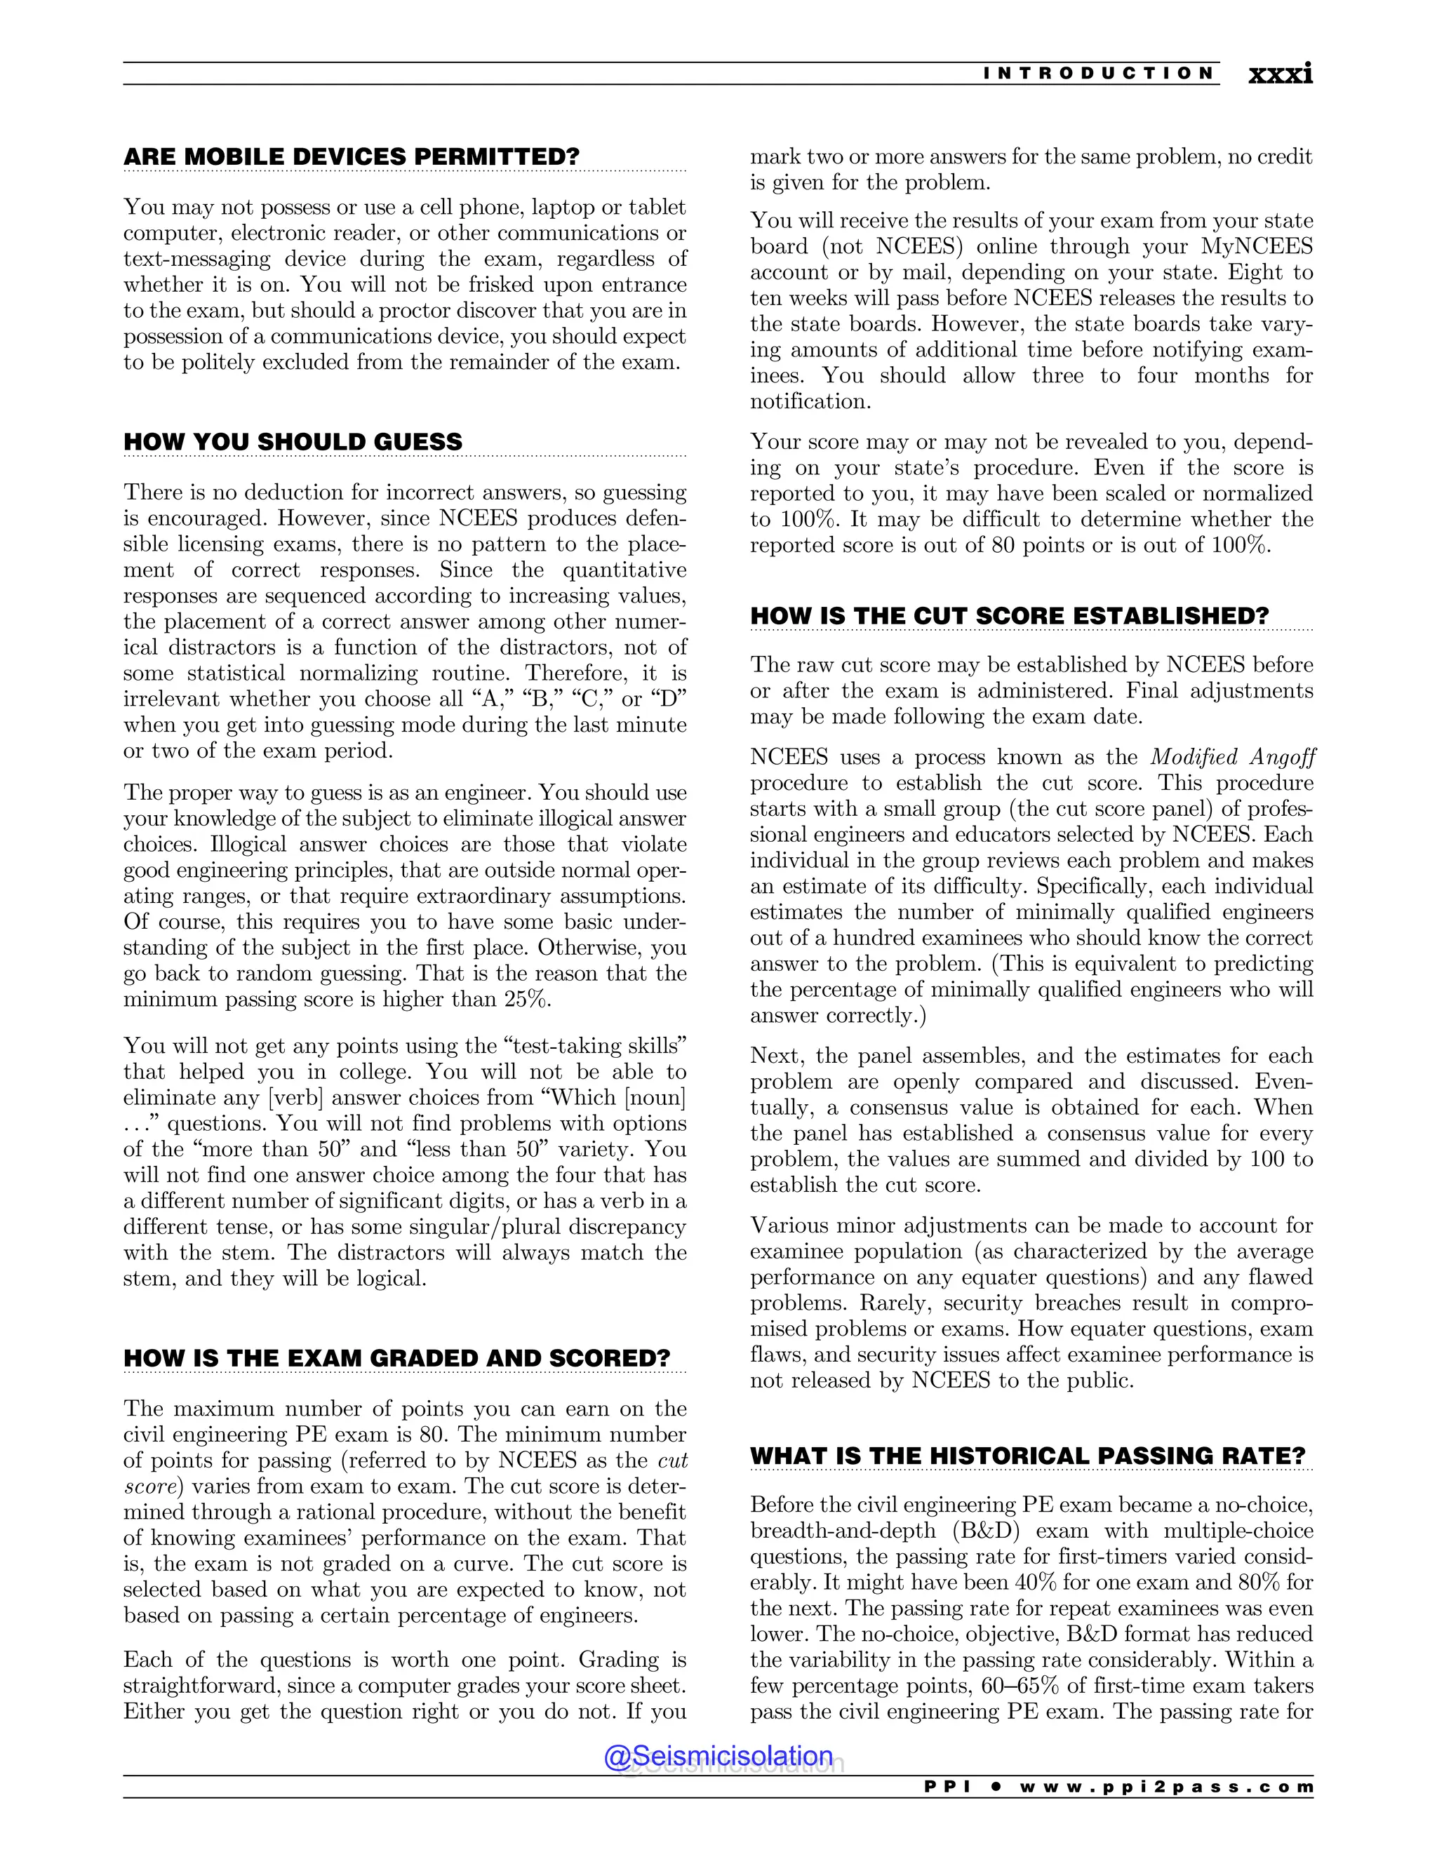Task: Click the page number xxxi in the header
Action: [1280, 74]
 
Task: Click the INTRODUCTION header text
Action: [1099, 73]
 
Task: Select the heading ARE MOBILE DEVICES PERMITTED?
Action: [351, 156]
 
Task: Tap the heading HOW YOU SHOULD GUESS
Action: [293, 442]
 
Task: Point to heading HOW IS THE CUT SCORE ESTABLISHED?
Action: [1009, 615]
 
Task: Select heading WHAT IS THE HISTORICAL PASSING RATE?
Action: [1027, 1456]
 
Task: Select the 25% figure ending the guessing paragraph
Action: [527, 999]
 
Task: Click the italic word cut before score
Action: [672, 1460]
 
